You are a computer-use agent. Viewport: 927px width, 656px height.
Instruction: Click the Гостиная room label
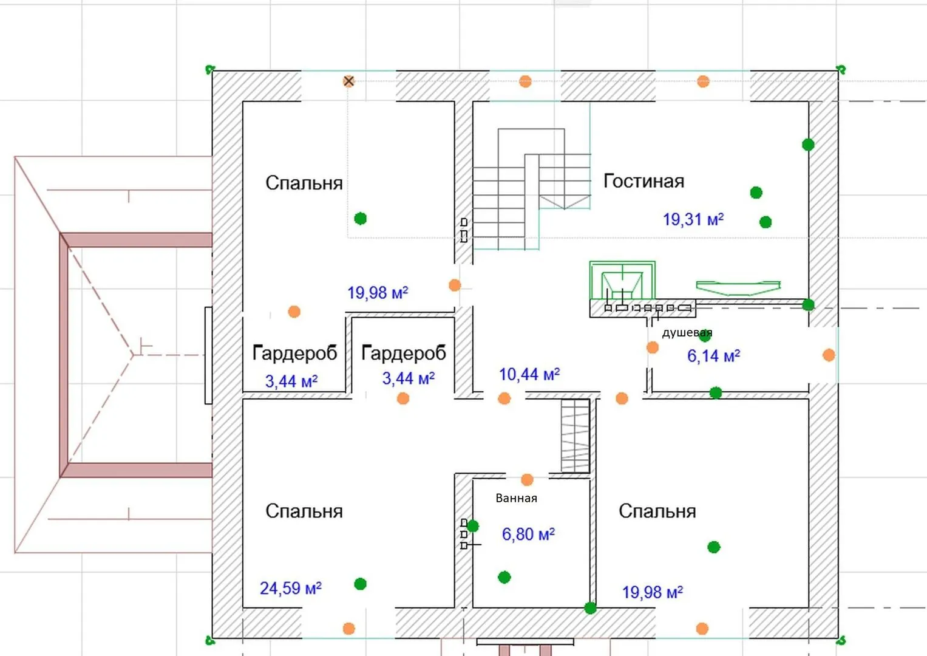[x=643, y=182]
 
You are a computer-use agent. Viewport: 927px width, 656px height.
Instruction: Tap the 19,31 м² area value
[x=693, y=219]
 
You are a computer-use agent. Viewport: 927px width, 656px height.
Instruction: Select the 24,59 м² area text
[x=291, y=588]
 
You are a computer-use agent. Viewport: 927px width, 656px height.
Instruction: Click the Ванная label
[x=516, y=498]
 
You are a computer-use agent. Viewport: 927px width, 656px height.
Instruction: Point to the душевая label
[x=687, y=333]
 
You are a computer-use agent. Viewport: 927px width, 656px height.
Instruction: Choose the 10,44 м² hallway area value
[x=529, y=374]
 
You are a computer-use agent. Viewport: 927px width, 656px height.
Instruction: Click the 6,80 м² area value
[x=528, y=535]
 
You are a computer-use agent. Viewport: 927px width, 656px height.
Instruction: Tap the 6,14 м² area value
[x=713, y=356]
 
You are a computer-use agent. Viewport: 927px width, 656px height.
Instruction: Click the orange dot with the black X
[x=348, y=81]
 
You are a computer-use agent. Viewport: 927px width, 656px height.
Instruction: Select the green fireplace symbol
[x=622, y=280]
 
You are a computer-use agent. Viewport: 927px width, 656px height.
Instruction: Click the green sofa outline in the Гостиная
[x=738, y=288]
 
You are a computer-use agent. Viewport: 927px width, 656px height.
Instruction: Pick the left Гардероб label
[x=294, y=353]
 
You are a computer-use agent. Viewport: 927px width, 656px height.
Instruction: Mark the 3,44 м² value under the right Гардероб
[x=408, y=378]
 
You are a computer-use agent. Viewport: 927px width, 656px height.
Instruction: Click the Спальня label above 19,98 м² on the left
[x=304, y=183]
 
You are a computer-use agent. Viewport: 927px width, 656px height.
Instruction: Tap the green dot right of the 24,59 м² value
[x=361, y=584]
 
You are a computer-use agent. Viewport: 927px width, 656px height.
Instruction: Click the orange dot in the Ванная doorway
[x=527, y=480]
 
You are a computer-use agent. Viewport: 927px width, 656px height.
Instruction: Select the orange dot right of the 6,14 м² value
[x=829, y=355]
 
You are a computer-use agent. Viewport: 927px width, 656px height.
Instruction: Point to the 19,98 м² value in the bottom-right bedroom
[x=653, y=592]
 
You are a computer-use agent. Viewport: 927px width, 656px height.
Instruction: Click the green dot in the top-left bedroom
[x=361, y=218]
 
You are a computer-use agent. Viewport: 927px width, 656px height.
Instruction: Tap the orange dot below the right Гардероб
[x=403, y=398]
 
